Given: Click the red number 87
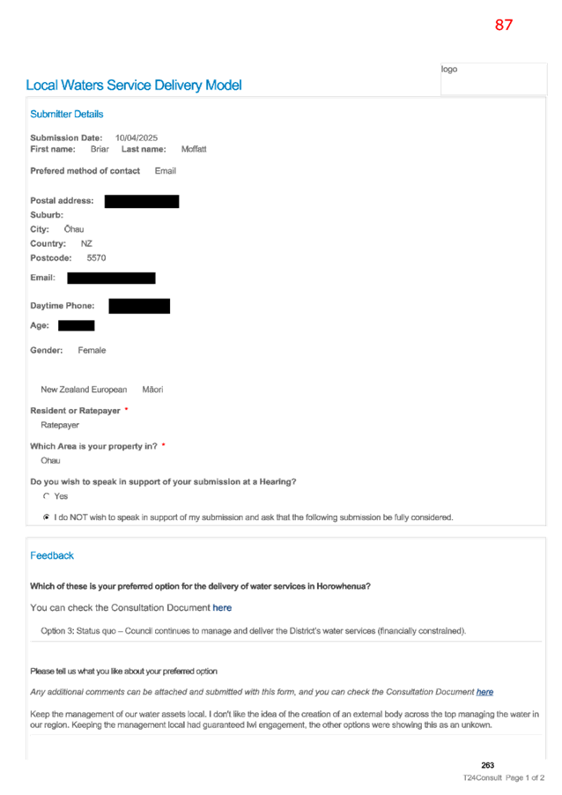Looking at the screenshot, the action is click(x=503, y=25).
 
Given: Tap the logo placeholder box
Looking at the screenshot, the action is click(x=493, y=78).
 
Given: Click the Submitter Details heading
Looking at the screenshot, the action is click(x=66, y=114).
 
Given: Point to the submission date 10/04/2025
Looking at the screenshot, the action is click(x=137, y=137).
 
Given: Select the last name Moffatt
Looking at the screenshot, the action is click(x=194, y=149).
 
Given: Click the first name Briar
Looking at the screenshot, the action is click(x=100, y=149).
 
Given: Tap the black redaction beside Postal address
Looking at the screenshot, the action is click(x=142, y=201).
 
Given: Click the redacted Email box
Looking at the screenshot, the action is click(x=112, y=278).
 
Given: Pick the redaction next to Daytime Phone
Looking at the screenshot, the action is click(x=139, y=306).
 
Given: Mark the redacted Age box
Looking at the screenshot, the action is click(x=77, y=325).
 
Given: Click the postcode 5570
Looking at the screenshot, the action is click(x=96, y=258).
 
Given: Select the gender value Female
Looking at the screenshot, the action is click(x=92, y=351).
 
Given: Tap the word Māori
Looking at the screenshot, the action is click(x=152, y=390).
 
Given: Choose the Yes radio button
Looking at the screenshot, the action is click(x=47, y=496).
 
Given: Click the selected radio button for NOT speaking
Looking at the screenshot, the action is click(x=47, y=517).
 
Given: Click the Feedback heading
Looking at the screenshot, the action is click(x=52, y=555).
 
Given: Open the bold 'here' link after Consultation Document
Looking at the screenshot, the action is click(x=222, y=607).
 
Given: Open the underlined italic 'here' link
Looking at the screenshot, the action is click(x=484, y=692).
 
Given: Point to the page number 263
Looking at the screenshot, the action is click(x=487, y=765).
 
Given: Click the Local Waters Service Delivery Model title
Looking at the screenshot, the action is click(x=134, y=85).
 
